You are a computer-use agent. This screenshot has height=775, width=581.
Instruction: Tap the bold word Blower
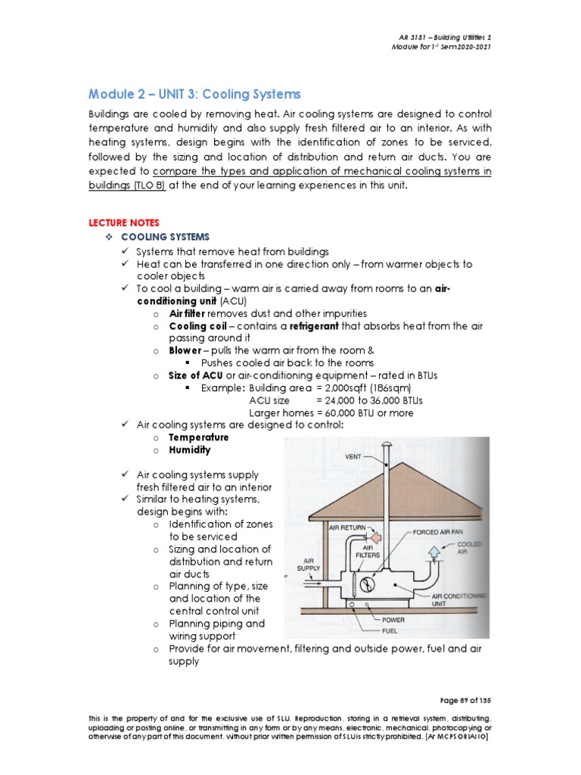186,350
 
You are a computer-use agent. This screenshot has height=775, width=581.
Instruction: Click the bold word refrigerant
311,325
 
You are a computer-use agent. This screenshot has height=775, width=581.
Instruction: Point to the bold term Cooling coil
197,325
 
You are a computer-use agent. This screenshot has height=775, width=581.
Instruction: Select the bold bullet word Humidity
190,450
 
